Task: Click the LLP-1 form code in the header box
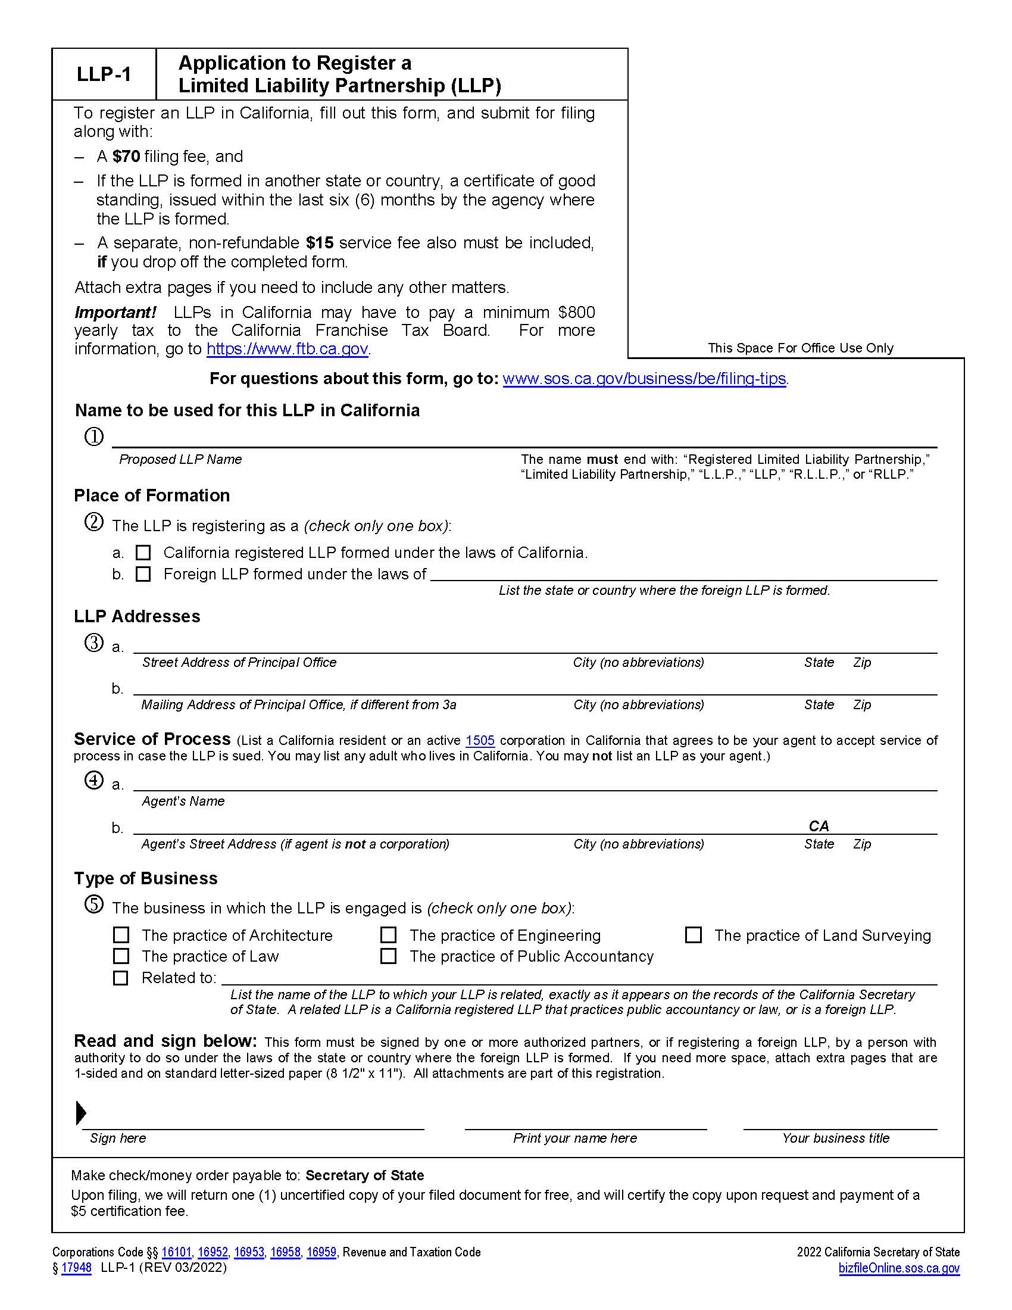tap(104, 74)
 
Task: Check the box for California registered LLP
tap(143, 553)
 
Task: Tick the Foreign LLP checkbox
tap(143, 574)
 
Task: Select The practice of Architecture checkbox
tap(121, 935)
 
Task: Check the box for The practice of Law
tap(121, 956)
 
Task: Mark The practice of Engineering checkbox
tap(389, 935)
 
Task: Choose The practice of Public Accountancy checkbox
tap(389, 956)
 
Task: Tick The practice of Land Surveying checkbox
tap(694, 935)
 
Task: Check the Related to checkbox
tap(121, 978)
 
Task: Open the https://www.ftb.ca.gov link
tap(287, 348)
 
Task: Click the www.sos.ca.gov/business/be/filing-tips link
tap(644, 379)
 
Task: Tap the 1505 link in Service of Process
tap(480, 740)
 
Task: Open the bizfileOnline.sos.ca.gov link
tap(899, 1268)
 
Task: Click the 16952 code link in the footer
tap(213, 1252)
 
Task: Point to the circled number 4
tap(94, 781)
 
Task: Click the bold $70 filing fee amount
tap(126, 157)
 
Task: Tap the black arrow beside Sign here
tap(81, 1113)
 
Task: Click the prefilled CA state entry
tap(819, 826)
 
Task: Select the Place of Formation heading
tap(152, 495)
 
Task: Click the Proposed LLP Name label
tap(180, 460)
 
